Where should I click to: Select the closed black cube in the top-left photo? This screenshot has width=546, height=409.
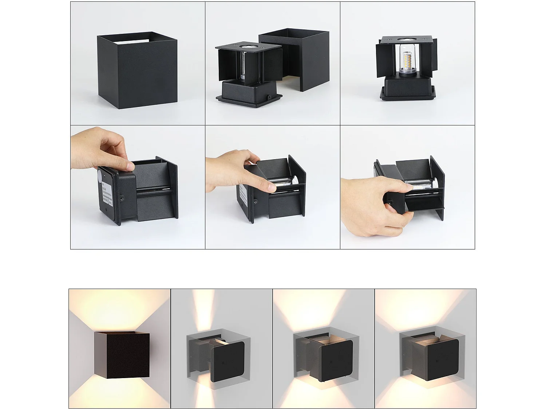pyautogui.click(x=137, y=71)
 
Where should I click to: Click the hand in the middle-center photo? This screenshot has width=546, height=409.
pyautogui.click(x=237, y=171)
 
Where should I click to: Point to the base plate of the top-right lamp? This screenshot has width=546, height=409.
pyautogui.click(x=408, y=95)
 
